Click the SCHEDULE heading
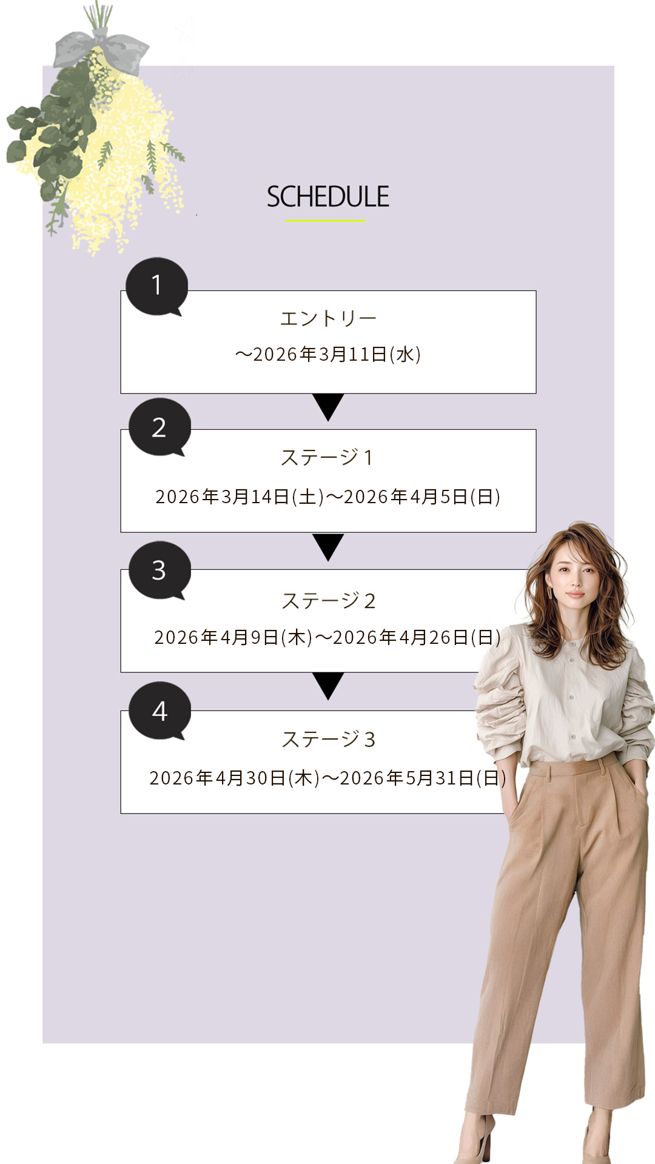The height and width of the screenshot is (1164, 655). tap(327, 197)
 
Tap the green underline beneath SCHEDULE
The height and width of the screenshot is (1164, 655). tap(326, 221)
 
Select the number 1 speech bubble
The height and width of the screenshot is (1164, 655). tap(156, 287)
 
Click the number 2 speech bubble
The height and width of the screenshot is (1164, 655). tap(160, 427)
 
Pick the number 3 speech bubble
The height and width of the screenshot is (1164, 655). tap(160, 570)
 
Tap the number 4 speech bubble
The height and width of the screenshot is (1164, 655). tap(160, 711)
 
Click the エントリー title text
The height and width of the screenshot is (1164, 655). tap(328, 318)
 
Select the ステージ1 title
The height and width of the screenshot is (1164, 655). tap(327, 457)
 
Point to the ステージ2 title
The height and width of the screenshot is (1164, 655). tap(328, 601)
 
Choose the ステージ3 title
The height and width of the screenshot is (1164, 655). tap(328, 739)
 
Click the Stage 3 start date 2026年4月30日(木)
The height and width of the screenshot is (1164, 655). tap(235, 778)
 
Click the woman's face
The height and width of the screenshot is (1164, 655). tap(571, 577)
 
